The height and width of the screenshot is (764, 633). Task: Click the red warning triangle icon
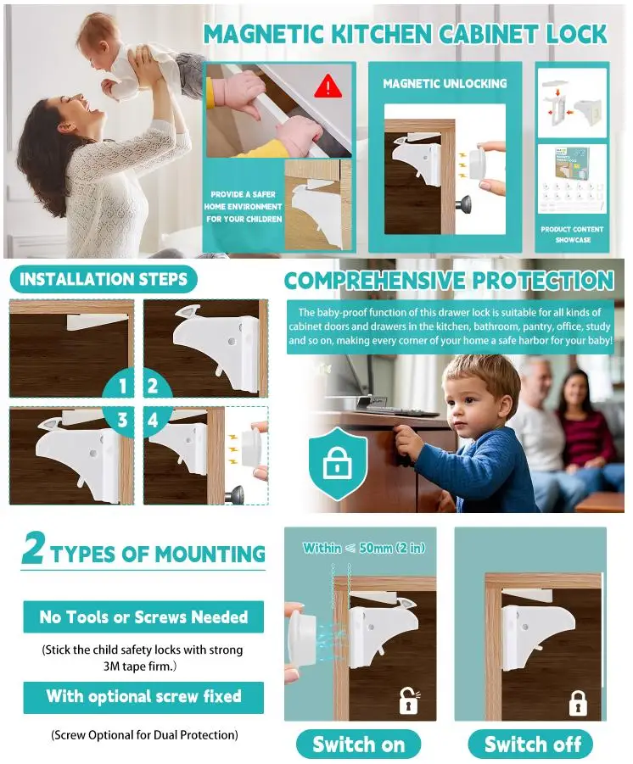pyautogui.click(x=328, y=86)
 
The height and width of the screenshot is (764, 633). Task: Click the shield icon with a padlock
pyautogui.click(x=338, y=463)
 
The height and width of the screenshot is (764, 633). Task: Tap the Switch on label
pyautogui.click(x=358, y=744)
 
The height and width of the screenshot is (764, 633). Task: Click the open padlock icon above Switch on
pyautogui.click(x=409, y=700)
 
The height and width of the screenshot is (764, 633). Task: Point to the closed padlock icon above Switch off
pyautogui.click(x=578, y=703)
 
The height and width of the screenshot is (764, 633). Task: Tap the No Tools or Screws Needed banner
pyautogui.click(x=143, y=616)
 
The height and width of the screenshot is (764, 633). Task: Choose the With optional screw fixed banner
pyautogui.click(x=143, y=697)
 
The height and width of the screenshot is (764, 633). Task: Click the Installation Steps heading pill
pyautogui.click(x=104, y=279)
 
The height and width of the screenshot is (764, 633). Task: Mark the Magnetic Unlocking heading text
pyautogui.click(x=445, y=84)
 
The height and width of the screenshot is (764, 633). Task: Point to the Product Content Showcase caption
pyautogui.click(x=572, y=234)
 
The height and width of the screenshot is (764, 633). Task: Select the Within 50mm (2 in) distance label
pyautogui.click(x=364, y=548)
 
